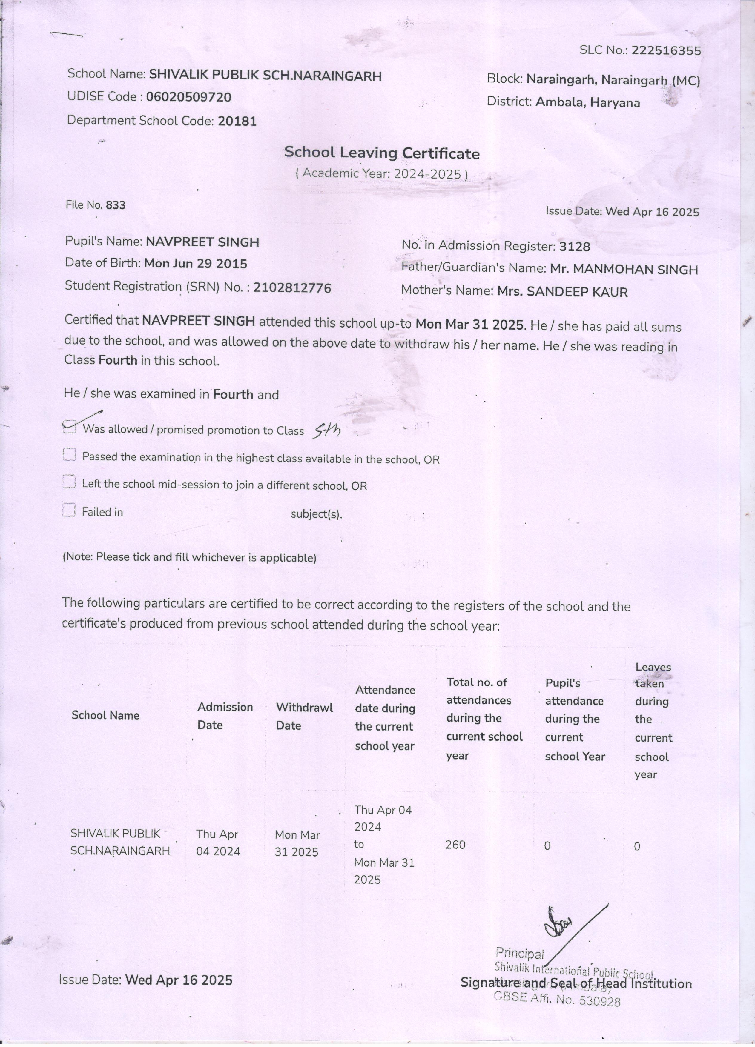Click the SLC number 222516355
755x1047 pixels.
[666, 51]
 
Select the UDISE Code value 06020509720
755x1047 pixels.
[188, 97]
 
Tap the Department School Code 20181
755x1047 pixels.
[237, 122]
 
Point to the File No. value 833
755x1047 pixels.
[116, 205]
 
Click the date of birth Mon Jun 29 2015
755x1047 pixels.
[196, 264]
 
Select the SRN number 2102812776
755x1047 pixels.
[292, 288]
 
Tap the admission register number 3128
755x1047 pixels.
[574, 247]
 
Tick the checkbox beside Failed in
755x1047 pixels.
[69, 511]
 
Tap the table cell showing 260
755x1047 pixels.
[455, 845]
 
